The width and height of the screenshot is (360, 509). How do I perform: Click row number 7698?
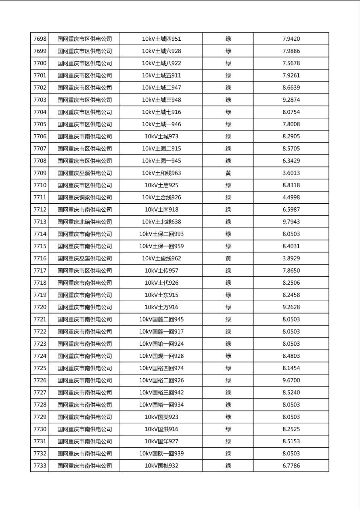[x=40, y=39]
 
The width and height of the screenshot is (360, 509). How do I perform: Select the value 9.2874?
[x=291, y=100]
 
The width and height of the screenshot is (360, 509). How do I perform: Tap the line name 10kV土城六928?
[x=161, y=51]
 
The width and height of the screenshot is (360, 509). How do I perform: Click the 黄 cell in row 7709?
[x=228, y=173]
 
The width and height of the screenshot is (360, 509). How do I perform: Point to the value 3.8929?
[x=291, y=259]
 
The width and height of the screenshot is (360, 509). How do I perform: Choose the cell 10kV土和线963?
[x=161, y=173]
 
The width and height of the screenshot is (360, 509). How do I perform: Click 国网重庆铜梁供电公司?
[x=84, y=198]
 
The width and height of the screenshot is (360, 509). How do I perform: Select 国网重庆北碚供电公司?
[x=84, y=222]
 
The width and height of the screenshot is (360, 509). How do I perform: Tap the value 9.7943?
[x=291, y=222]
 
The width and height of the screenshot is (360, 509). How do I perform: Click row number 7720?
[x=40, y=307]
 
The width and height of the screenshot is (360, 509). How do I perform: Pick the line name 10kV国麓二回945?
[x=161, y=319]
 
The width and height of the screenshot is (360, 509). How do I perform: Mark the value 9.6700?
[x=291, y=380]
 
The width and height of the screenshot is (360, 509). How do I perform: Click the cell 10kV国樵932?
[x=161, y=466]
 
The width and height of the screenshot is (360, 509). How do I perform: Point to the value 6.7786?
[x=291, y=466]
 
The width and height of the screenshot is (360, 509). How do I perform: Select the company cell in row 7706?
[x=84, y=136]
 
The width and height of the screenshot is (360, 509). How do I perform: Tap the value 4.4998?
[x=291, y=198]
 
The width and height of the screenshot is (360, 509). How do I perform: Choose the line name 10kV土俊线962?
[x=161, y=259]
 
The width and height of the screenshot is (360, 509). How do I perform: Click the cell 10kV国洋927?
[x=161, y=441]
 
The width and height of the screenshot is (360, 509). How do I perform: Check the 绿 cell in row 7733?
[x=228, y=466]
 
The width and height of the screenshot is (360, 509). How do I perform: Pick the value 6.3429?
[x=291, y=161]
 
